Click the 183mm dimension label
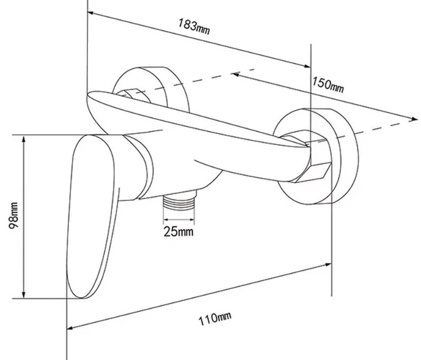tap(194, 27)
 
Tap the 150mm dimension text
tap(328, 85)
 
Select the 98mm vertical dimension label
tap(13, 215)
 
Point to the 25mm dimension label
tap(178, 232)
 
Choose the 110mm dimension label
tap(215, 318)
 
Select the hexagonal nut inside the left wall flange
tap(134, 96)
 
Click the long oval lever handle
tap(93, 216)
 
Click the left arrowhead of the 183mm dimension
tap(91, 13)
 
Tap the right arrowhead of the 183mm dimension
tap(307, 66)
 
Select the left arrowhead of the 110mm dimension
tap(70, 327)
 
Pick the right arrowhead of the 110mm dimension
tap(328, 265)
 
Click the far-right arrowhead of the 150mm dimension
tap(414, 119)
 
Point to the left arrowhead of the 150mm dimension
tap(235, 74)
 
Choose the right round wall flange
tap(316, 156)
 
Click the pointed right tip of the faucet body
tap(307, 146)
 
